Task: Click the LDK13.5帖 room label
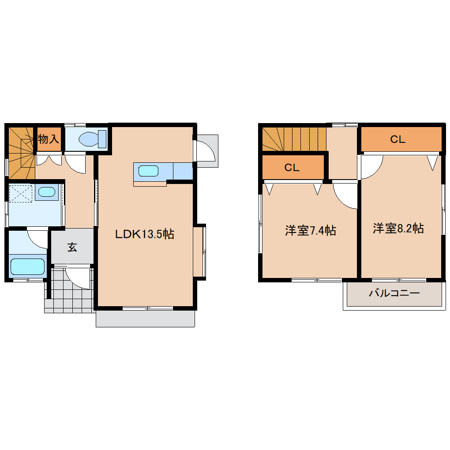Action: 145,234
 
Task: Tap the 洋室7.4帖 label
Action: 311,230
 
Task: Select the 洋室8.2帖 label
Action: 398,229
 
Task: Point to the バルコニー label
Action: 394,293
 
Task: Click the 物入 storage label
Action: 49,139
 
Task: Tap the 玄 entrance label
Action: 72,247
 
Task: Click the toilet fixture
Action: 92,139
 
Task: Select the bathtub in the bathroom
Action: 27,266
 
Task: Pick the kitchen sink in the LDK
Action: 148,171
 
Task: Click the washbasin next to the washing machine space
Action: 47,192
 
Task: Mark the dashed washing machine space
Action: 21,193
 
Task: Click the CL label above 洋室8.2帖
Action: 398,139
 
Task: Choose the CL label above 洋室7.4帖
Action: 292,168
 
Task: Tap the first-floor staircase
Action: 21,153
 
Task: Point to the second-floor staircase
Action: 294,139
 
